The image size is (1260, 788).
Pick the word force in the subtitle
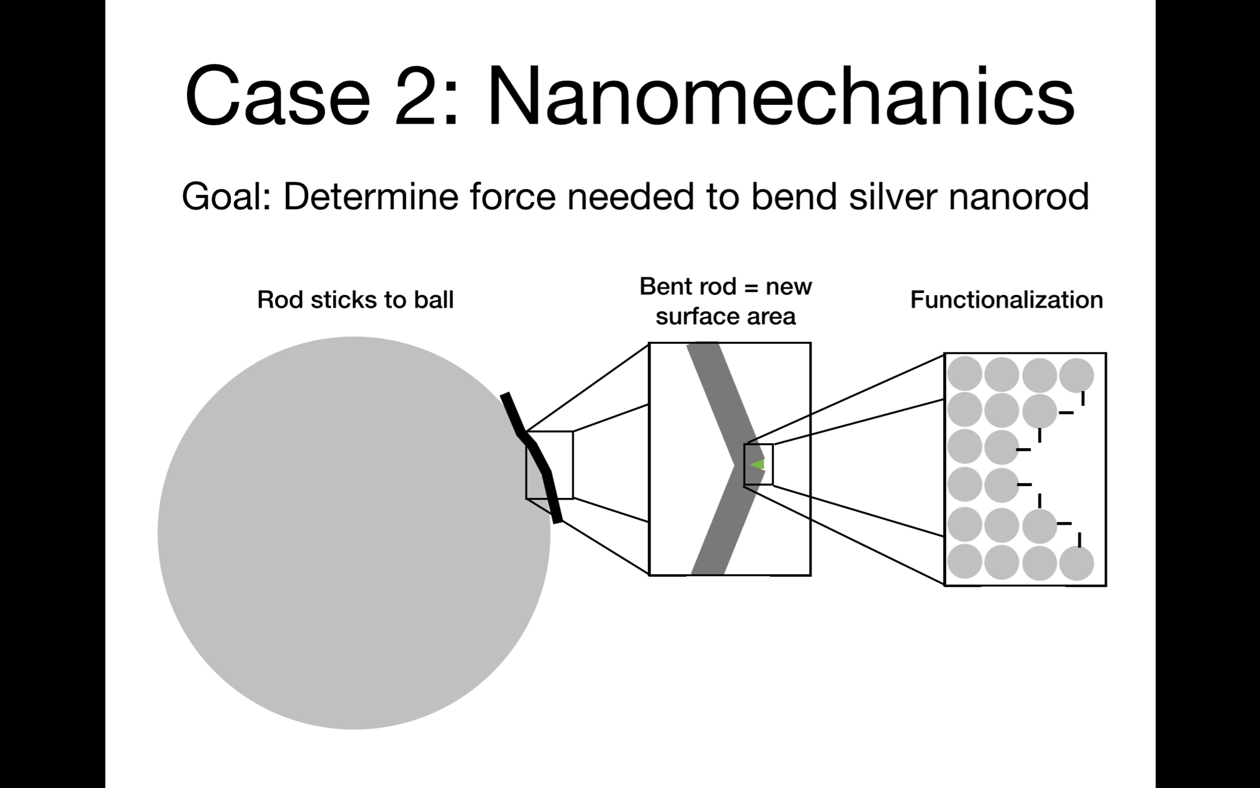513,197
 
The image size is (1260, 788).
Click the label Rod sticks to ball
355,299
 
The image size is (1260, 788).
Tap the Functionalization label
1006,299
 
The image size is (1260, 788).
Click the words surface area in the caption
725,316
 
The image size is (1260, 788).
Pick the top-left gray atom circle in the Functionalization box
965,374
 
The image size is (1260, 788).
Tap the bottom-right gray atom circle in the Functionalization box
1077,563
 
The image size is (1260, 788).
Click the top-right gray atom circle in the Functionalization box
1077,375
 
